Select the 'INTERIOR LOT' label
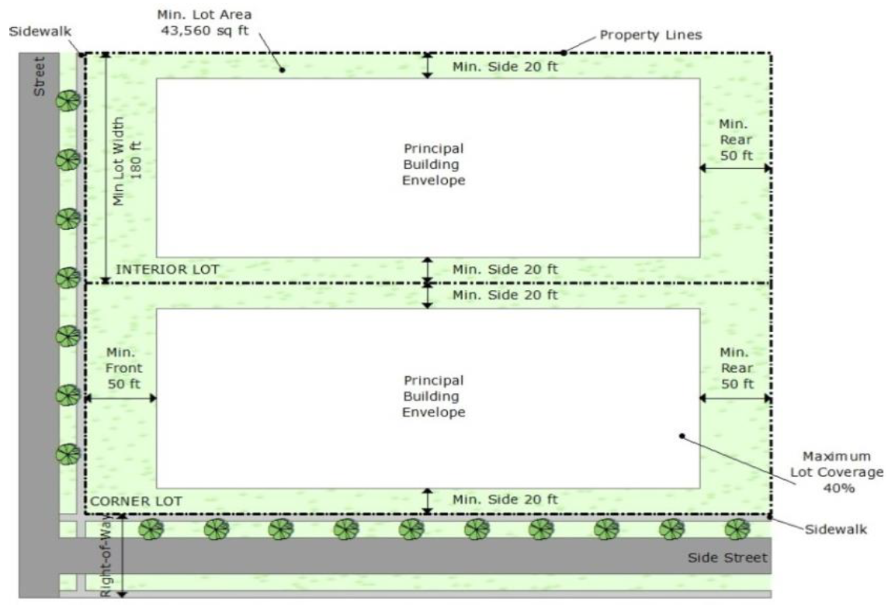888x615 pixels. tap(167, 269)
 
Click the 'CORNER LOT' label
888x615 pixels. tap(136, 502)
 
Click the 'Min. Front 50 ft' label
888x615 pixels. tap(121, 367)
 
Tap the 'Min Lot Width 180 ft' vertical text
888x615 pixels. tap(128, 161)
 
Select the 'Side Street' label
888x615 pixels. tap(727, 558)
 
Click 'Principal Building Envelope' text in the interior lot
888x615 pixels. tap(433, 164)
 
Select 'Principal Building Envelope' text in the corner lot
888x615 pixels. tap(433, 396)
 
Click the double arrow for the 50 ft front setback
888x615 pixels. tap(120, 398)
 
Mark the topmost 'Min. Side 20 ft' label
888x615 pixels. tap(505, 67)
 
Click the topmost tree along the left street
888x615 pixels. tap(68, 101)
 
